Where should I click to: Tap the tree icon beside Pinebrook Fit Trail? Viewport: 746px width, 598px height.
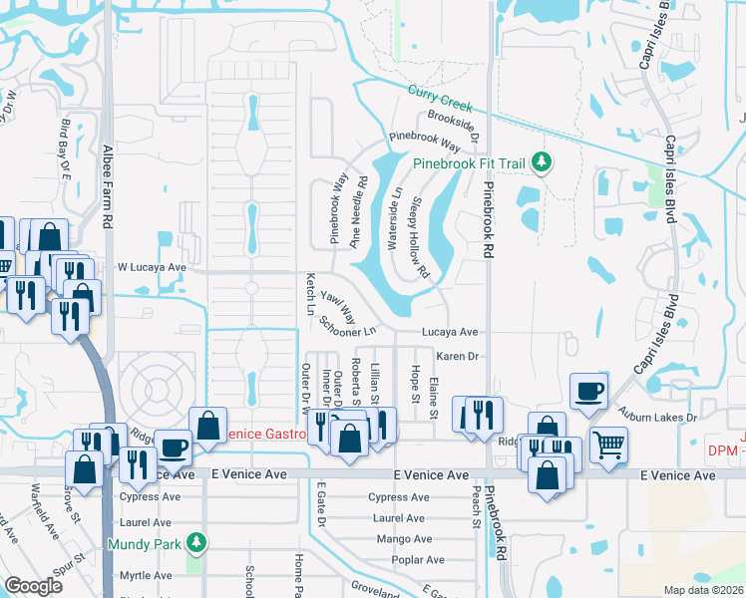coord(541,161)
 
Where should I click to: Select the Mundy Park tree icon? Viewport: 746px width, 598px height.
coord(197,543)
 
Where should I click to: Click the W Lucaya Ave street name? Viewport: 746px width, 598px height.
coord(153,267)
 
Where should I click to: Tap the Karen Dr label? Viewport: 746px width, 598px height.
coord(458,356)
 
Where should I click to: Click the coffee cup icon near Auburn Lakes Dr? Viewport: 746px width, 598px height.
coord(587,389)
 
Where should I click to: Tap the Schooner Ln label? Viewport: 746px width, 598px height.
coord(347,325)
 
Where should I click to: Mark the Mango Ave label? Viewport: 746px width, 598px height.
coord(403,538)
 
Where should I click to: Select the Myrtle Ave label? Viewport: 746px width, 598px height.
coord(147,576)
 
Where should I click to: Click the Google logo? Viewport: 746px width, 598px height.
coord(34,587)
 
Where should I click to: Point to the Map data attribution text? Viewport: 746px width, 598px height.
coord(704,590)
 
